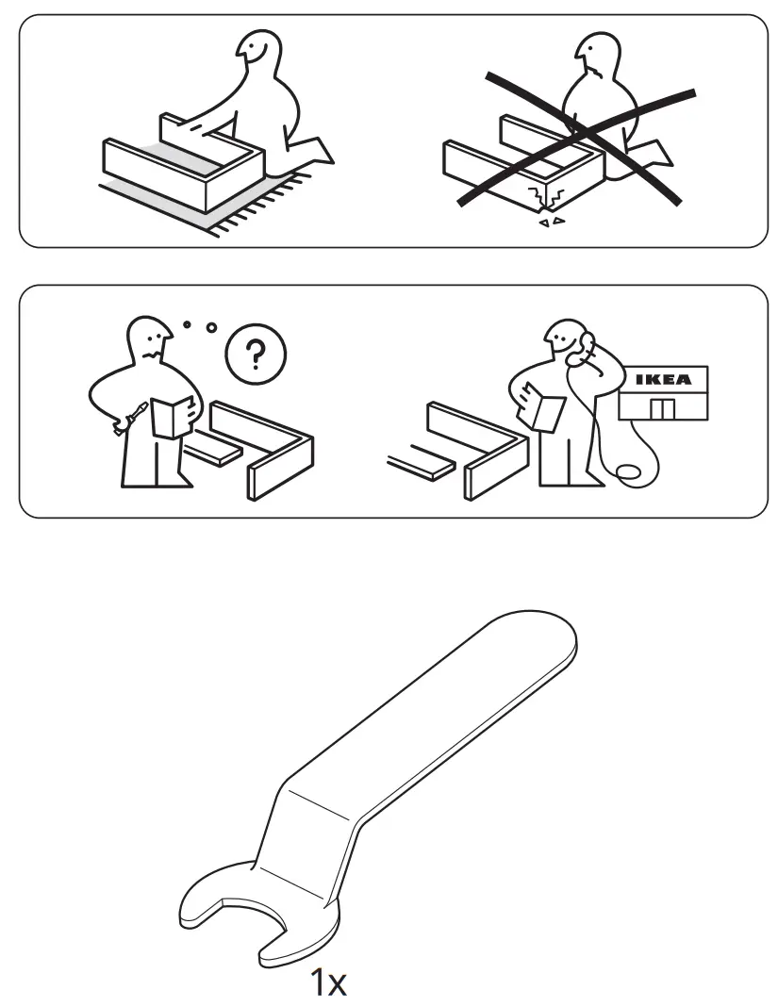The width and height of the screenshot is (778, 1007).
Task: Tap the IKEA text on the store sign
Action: click(662, 380)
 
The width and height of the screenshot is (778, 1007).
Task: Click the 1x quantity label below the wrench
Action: click(329, 983)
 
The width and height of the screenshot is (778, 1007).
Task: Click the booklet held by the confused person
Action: click(172, 417)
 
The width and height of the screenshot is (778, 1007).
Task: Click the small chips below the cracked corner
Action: click(549, 223)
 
